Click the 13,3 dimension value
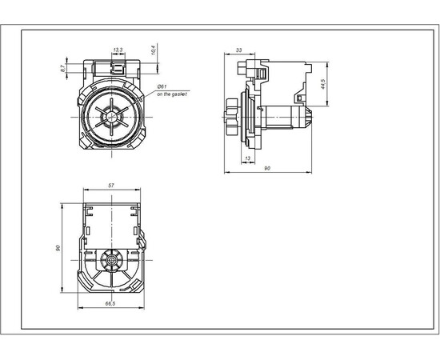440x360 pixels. coord(118,50)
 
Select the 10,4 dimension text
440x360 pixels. coord(152,52)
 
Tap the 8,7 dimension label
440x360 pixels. coord(63,70)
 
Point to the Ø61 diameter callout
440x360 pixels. coord(161,86)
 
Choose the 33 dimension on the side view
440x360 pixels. coord(239,50)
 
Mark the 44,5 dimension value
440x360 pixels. coord(322,83)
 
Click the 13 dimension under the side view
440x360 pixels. coord(248,158)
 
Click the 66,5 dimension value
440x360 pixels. coord(110,304)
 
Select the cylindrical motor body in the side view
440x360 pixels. coord(280,118)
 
